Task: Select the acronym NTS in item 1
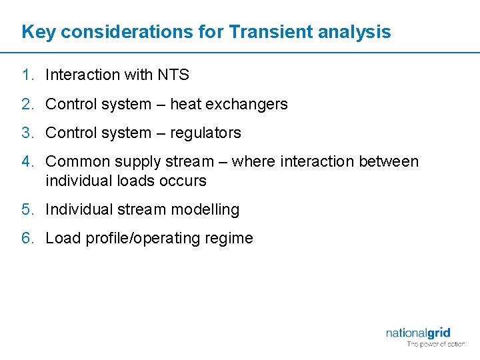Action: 173,75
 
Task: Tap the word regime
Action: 231,239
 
